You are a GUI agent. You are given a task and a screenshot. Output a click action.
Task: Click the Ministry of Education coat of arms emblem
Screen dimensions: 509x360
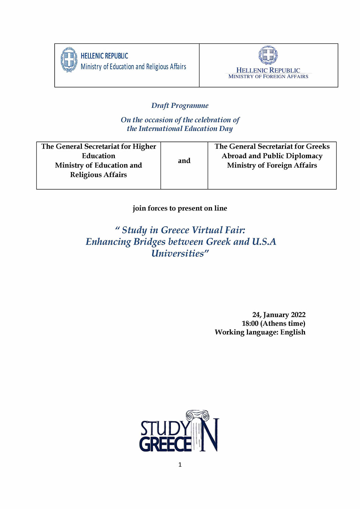point(69,60)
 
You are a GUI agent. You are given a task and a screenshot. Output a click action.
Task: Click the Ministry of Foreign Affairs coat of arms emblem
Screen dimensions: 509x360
point(268,55)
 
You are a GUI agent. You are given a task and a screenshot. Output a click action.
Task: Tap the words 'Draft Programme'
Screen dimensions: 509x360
point(180,106)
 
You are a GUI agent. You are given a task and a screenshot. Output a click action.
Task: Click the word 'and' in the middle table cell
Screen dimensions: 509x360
point(184,161)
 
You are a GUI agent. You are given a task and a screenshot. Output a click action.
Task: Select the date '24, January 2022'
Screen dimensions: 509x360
point(279,315)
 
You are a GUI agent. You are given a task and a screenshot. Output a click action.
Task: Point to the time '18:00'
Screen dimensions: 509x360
point(250,323)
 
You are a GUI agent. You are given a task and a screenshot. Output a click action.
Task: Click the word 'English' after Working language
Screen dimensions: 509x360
point(293,332)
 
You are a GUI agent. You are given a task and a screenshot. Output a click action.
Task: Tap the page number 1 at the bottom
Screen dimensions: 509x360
point(180,465)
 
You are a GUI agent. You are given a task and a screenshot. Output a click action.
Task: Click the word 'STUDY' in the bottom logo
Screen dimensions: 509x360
point(165,428)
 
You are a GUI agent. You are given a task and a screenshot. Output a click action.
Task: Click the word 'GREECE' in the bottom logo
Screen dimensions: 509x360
point(165,444)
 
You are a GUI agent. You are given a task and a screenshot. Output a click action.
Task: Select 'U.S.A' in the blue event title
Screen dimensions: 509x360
point(264,242)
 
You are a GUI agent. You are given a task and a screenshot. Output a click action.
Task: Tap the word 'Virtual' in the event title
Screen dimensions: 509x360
point(208,230)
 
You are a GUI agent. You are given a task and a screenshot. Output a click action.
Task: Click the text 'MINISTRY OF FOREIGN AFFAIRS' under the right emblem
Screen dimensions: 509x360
point(268,77)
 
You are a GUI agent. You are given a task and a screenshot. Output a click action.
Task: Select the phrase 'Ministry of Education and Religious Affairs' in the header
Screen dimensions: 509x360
point(133,67)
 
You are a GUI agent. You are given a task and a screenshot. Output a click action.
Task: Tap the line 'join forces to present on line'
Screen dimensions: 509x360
point(180,208)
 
